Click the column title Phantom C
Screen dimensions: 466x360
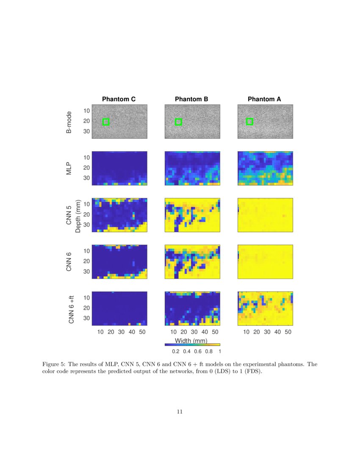(119, 99)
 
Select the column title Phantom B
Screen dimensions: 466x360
(191, 99)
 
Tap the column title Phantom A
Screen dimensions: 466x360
(264, 99)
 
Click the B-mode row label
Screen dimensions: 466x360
(69, 122)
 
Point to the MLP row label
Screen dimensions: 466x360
(69, 168)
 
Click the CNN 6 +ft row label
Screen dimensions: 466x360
(72, 308)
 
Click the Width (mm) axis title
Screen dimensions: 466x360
(191, 341)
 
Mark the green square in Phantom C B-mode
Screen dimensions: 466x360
(106, 122)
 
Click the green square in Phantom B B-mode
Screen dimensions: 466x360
(178, 122)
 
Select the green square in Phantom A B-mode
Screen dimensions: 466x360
(249, 122)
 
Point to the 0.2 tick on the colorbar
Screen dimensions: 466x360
(175, 351)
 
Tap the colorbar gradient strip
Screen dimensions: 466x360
(192, 345)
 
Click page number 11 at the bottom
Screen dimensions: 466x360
(180, 411)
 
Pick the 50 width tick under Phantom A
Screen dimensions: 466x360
(288, 332)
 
